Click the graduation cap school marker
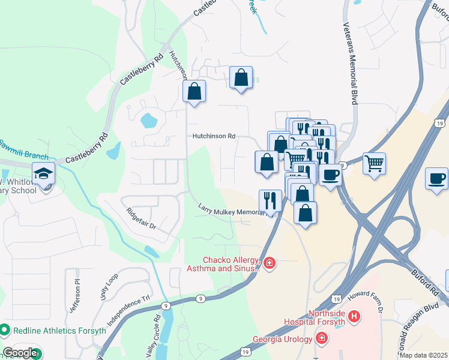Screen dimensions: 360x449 tap(44, 174)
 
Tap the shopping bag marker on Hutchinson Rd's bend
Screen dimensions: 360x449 tap(194, 92)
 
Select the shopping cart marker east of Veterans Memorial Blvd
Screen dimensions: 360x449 tap(374, 163)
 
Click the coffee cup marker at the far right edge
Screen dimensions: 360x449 tap(436, 178)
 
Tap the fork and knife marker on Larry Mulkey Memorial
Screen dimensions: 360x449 tap(270, 201)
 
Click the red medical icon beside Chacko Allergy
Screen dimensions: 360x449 tap(270, 263)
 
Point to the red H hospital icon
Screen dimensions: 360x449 tap(355, 316)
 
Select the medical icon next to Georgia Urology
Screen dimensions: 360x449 tap(322, 339)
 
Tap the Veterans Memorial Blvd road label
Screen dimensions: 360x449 tap(351, 65)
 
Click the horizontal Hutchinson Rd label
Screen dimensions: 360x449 tap(213, 136)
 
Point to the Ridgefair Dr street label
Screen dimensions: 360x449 tap(141, 218)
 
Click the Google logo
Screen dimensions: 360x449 tap(20, 353)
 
